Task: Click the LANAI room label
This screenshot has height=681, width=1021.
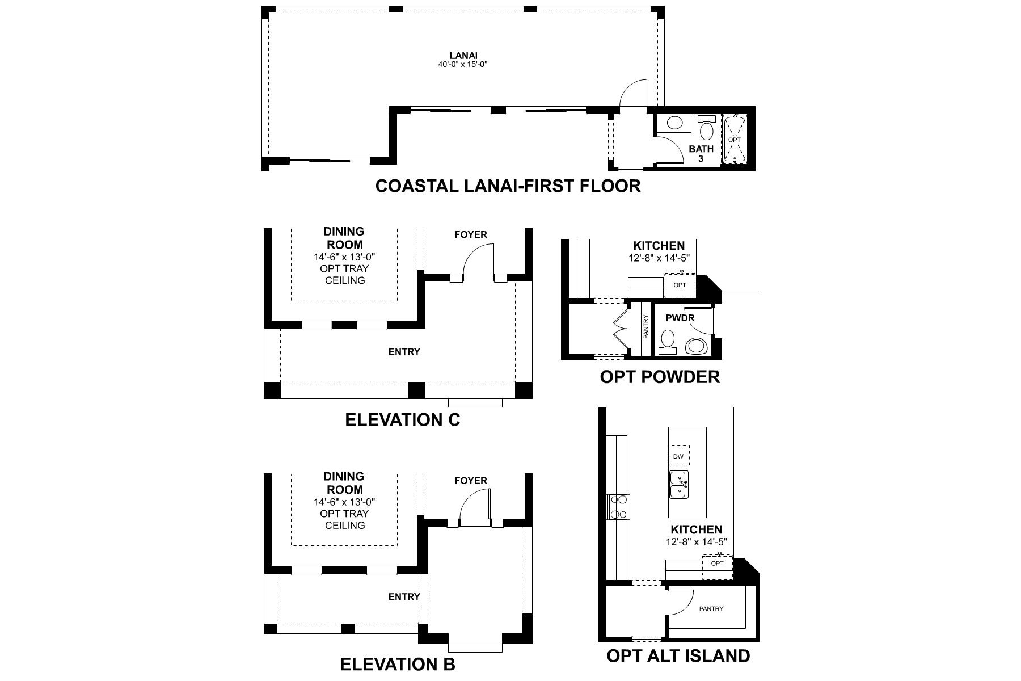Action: [x=463, y=55]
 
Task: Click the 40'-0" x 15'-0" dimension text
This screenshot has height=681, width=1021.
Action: [x=463, y=65]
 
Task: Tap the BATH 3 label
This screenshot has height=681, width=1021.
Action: [x=701, y=154]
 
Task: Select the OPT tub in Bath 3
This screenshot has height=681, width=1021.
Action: [x=735, y=140]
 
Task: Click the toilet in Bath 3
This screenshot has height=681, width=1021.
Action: [x=707, y=131]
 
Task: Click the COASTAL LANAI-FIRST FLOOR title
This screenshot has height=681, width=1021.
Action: [x=508, y=186]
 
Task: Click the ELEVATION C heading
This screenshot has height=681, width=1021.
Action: [x=402, y=420]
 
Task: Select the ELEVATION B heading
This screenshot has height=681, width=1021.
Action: [x=397, y=664]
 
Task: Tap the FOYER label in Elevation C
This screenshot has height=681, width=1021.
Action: [x=470, y=234]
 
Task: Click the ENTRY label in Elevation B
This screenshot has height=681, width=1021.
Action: [x=404, y=596]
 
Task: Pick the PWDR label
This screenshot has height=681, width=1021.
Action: [x=680, y=318]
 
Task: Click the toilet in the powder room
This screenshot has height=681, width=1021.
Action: [x=696, y=346]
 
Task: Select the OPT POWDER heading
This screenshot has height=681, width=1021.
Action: [x=660, y=377]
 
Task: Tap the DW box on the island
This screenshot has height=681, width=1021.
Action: [x=678, y=456]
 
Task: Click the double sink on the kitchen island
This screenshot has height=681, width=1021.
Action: [x=678, y=484]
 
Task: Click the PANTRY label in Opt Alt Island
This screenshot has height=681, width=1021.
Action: [x=711, y=609]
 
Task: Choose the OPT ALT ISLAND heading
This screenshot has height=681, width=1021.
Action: [x=678, y=656]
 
